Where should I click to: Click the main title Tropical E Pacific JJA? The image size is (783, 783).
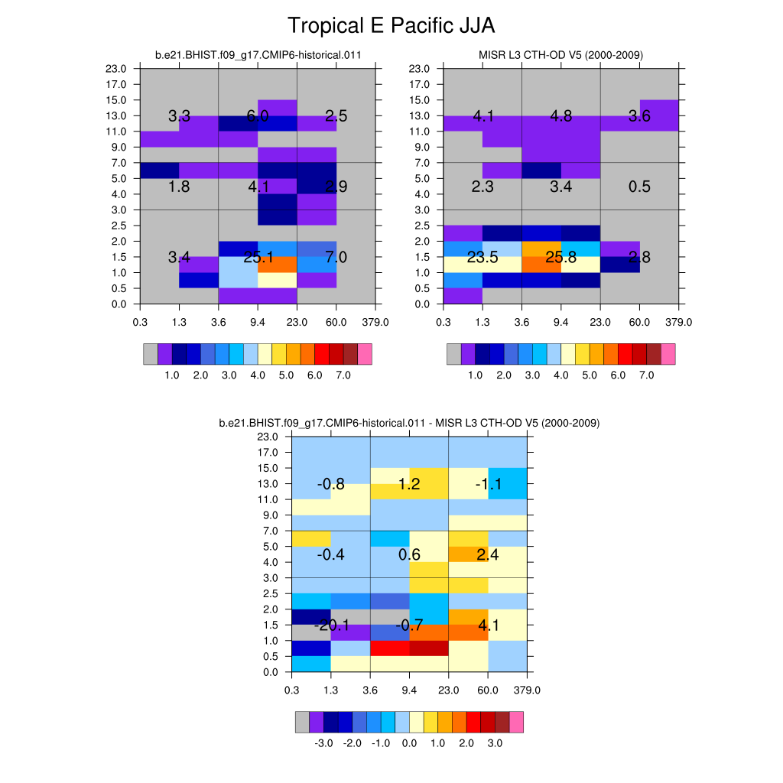(x=391, y=26)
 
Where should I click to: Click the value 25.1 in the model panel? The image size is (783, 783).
(x=258, y=258)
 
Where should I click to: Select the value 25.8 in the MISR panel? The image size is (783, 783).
(x=560, y=258)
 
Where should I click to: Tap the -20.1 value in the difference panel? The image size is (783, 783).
(x=332, y=626)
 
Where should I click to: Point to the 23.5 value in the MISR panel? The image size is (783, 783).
(x=482, y=258)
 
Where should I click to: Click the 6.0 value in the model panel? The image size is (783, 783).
(x=258, y=116)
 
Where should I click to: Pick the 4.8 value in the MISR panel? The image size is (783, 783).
(x=560, y=116)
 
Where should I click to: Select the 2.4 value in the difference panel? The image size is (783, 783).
(x=488, y=555)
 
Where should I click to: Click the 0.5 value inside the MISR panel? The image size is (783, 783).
(x=639, y=187)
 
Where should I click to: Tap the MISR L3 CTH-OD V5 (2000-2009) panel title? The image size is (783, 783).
(x=560, y=55)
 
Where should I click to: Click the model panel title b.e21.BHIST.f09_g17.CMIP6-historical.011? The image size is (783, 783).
(x=258, y=55)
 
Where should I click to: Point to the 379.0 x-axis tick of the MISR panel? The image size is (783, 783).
(x=678, y=322)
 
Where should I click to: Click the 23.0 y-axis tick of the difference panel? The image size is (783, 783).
(x=271, y=437)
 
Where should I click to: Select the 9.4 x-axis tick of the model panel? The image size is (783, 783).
(x=258, y=322)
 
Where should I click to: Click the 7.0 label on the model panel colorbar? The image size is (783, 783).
(x=343, y=376)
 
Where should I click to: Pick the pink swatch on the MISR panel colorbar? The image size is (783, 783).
(x=668, y=353)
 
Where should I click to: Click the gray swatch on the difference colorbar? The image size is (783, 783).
(x=303, y=722)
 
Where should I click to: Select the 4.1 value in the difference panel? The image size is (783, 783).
(x=488, y=626)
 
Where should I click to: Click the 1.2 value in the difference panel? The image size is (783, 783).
(x=410, y=484)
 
